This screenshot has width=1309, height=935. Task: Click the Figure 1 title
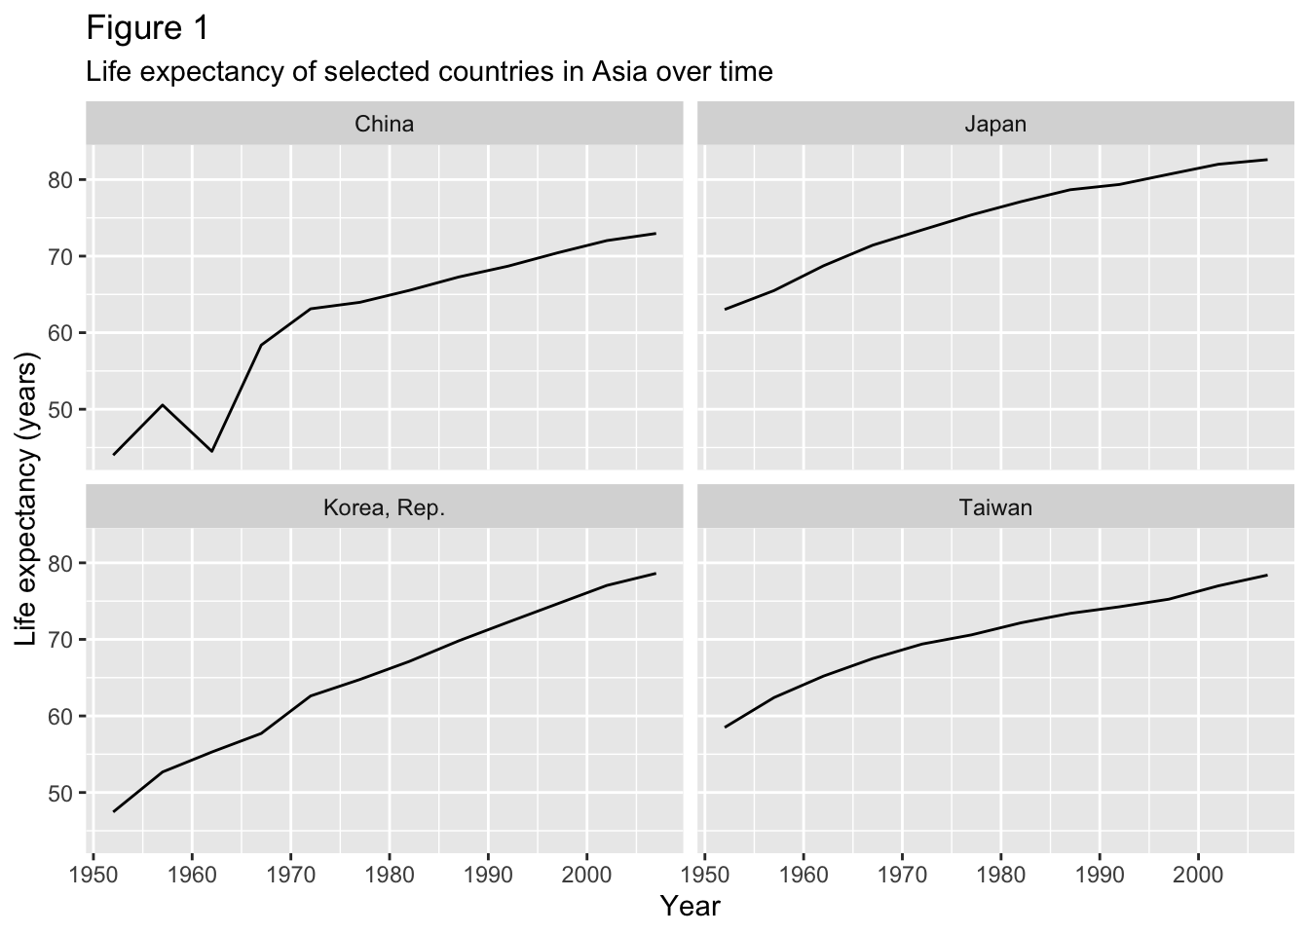(x=147, y=28)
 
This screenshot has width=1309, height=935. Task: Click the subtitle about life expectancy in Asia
(x=429, y=72)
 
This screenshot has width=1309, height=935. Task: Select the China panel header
(x=384, y=124)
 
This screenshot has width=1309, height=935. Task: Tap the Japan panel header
(x=995, y=124)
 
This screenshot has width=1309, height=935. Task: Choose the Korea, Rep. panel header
(x=384, y=507)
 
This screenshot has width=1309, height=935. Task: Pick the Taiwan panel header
(x=995, y=507)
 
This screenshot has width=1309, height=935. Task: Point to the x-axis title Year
(x=690, y=907)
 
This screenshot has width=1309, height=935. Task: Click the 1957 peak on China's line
(x=163, y=405)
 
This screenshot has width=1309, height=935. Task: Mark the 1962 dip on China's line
(x=211, y=451)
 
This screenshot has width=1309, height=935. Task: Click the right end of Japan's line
(x=1266, y=160)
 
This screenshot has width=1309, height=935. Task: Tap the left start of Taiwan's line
(x=726, y=727)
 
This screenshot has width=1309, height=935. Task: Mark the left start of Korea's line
(x=114, y=811)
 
